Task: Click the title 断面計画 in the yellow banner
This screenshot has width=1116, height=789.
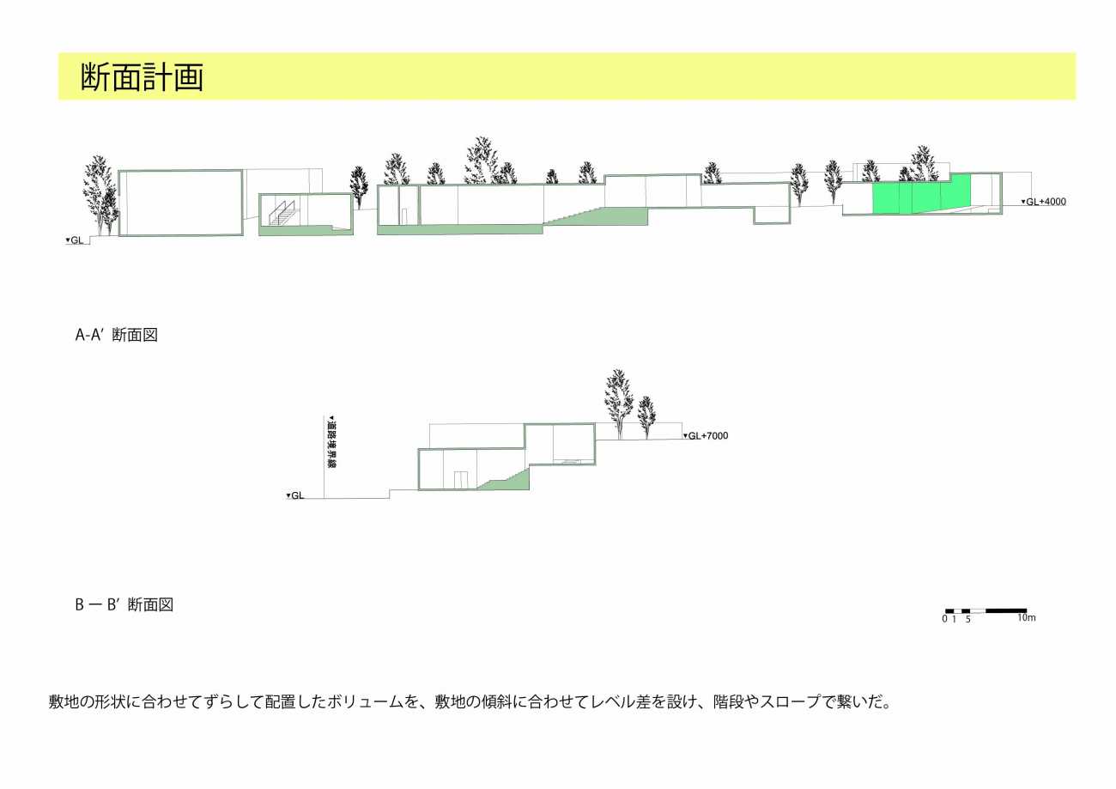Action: pyautogui.click(x=142, y=76)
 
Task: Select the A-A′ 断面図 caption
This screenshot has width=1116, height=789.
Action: pyautogui.click(x=116, y=335)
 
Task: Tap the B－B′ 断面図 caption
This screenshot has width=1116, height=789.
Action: pyautogui.click(x=124, y=604)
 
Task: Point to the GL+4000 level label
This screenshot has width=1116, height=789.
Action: pyautogui.click(x=1043, y=202)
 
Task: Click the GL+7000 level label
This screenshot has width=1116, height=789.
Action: pyautogui.click(x=706, y=436)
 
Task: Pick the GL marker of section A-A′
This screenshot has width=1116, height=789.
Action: pyautogui.click(x=75, y=240)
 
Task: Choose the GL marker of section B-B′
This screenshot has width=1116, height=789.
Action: pyautogui.click(x=295, y=495)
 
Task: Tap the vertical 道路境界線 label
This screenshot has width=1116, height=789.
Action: pyautogui.click(x=331, y=442)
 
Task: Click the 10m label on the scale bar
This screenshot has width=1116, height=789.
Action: pyautogui.click(x=1027, y=617)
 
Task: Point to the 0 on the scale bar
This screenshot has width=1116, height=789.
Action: pyautogui.click(x=944, y=619)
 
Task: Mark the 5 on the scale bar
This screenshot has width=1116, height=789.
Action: pyautogui.click(x=968, y=619)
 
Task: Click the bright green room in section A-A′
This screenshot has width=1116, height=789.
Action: pyautogui.click(x=921, y=194)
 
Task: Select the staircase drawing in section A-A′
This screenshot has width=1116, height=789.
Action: pyautogui.click(x=282, y=213)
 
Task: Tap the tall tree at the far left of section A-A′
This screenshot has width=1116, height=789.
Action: pyautogui.click(x=101, y=195)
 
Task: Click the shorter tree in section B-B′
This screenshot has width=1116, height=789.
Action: pyautogui.click(x=646, y=417)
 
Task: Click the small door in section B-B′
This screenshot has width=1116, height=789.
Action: pyautogui.click(x=461, y=480)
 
